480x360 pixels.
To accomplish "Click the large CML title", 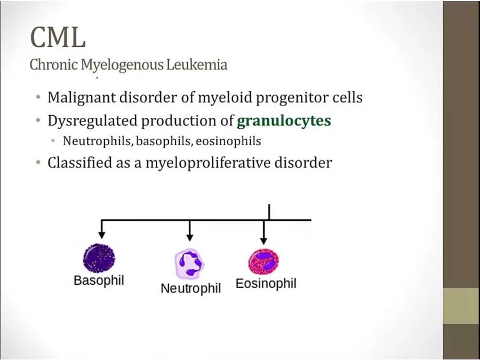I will click(x=58, y=37).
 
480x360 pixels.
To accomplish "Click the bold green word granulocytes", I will click(x=284, y=121).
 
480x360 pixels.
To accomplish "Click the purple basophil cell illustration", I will click(x=99, y=258).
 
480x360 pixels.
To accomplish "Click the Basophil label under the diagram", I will click(x=99, y=281).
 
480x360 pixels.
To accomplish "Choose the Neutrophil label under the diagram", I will click(x=190, y=289).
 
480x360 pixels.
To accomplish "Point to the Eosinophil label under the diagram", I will click(x=266, y=283).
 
